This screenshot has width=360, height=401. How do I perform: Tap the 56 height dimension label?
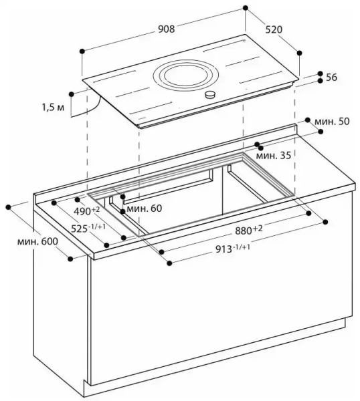click(331, 78)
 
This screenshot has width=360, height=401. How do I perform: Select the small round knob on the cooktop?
click(211, 95)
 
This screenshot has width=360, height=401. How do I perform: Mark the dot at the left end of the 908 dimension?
click(82, 51)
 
